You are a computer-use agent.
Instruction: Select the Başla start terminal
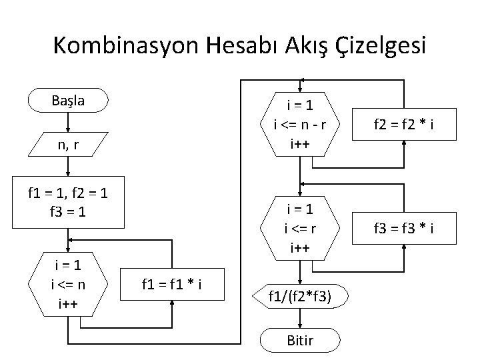point(67,101)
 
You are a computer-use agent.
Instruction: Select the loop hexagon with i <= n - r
point(301,123)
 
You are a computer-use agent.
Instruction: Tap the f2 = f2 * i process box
point(405,123)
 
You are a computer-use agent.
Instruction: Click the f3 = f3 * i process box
point(405,230)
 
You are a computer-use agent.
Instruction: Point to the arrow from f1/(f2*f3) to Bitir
point(302,319)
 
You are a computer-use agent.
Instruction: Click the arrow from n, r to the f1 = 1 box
point(67,168)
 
